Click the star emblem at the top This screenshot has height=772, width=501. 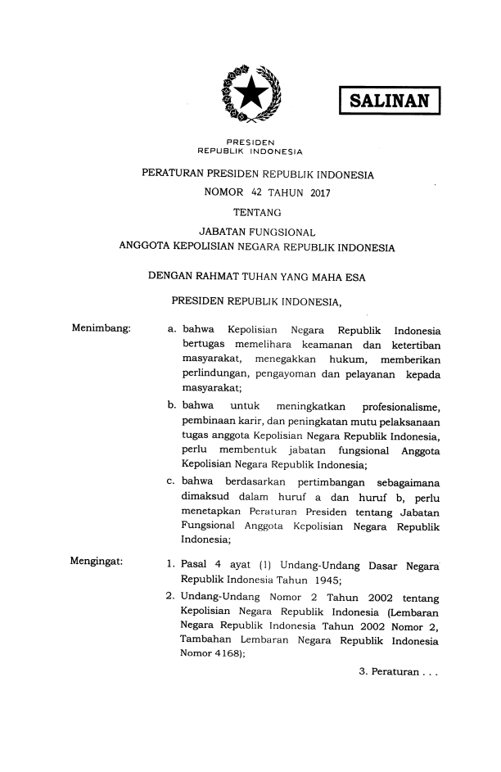click(250, 96)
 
